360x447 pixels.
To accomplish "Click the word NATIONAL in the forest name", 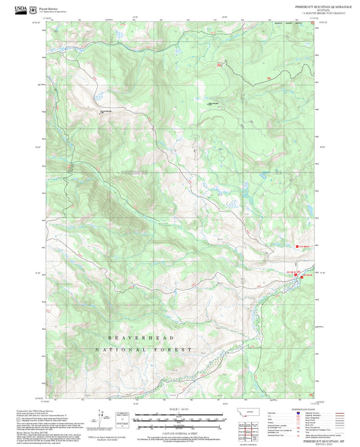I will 118,350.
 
